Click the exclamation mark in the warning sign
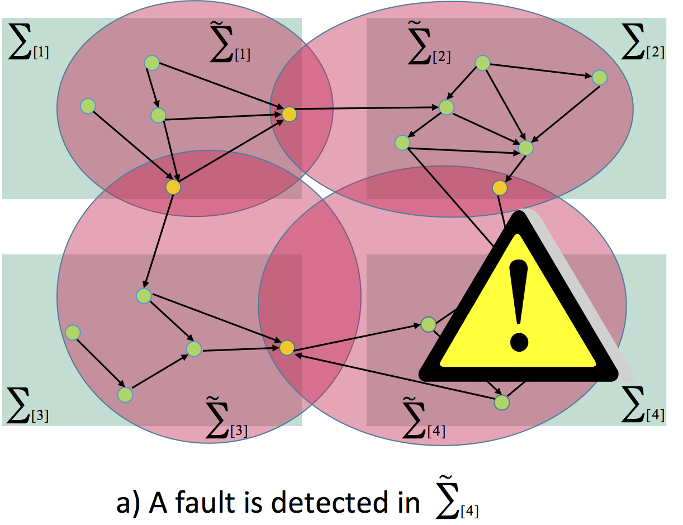[x=519, y=305]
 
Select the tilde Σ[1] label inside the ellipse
[x=229, y=48]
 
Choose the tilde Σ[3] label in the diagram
[x=226, y=424]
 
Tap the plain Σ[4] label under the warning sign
[x=643, y=410]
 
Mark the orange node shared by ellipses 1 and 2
[x=289, y=114]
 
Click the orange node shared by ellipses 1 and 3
[x=173, y=187]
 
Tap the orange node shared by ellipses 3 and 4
[x=286, y=348]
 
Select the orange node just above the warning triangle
[x=500, y=187]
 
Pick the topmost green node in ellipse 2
[x=482, y=64]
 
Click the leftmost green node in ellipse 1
[x=88, y=105]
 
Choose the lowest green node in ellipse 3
[x=125, y=395]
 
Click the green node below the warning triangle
[x=502, y=401]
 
